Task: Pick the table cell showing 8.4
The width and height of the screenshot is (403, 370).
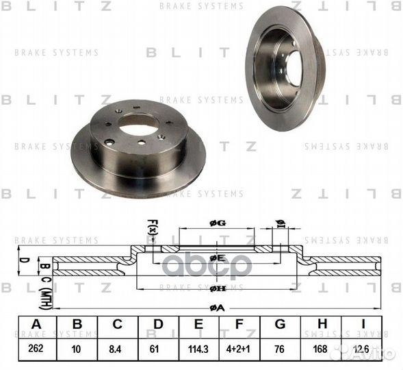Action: pos(118,349)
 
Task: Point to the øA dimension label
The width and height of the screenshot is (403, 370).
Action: pos(218,308)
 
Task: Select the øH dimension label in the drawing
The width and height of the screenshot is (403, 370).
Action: pos(218,288)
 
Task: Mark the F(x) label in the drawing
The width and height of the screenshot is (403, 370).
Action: pos(152,227)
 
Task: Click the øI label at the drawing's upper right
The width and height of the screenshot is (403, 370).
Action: pos(281,223)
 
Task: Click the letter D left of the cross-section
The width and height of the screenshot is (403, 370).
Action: pos(22,260)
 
